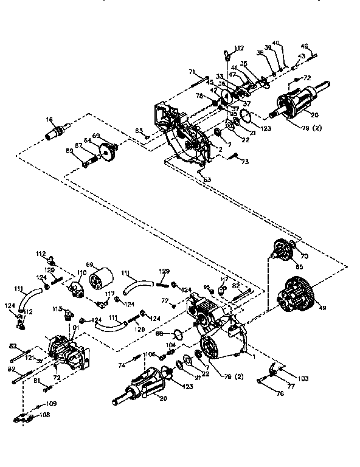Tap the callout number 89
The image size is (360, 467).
69,150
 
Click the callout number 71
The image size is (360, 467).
191,72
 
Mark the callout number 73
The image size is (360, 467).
245,162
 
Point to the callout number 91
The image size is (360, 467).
75,328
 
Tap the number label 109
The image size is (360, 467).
51,404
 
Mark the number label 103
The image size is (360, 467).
303,379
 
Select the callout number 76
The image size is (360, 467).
297,394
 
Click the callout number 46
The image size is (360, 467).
304,46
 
